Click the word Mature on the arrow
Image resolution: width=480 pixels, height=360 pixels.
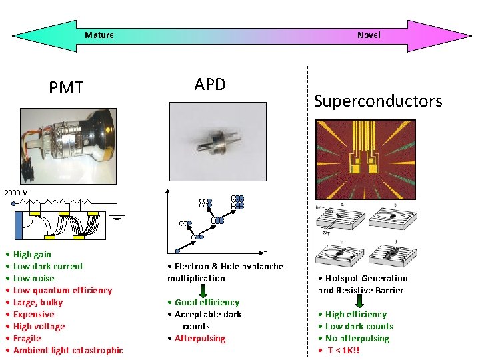pyautogui.click(x=99, y=35)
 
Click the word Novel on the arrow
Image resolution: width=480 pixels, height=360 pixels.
pyautogui.click(x=369, y=35)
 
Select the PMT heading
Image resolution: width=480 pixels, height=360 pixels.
pyautogui.click(x=66, y=88)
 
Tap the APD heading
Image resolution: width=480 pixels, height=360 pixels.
pyautogui.click(x=210, y=84)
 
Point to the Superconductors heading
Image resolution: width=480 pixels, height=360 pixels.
pyautogui.click(x=378, y=101)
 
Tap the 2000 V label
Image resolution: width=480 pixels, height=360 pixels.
pyautogui.click(x=16, y=193)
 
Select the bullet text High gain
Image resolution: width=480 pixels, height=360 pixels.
pyautogui.click(x=31, y=254)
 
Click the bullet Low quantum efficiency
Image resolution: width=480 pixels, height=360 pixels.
pyautogui.click(x=62, y=290)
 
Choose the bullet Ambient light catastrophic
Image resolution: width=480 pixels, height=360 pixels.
pyautogui.click(x=67, y=350)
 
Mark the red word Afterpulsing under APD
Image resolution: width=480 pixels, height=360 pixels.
pyautogui.click(x=200, y=338)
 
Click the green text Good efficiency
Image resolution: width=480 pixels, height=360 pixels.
pyautogui.click(x=207, y=302)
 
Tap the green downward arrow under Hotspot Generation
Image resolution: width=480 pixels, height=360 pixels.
pyautogui.click(x=361, y=301)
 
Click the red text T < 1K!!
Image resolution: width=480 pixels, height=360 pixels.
pyautogui.click(x=344, y=350)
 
